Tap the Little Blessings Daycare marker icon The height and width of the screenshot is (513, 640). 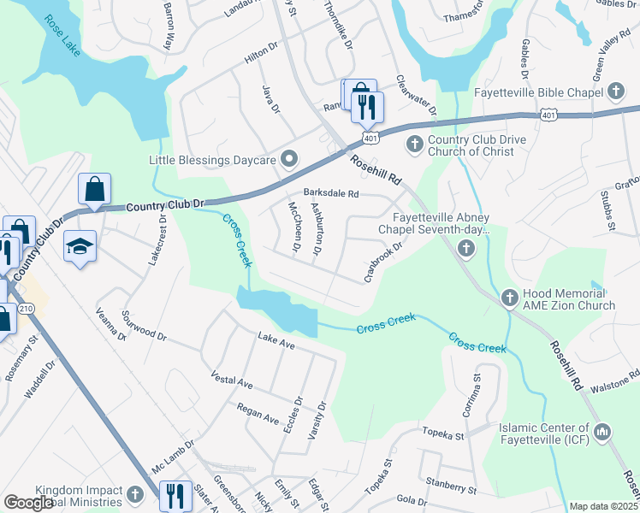coord(289,159)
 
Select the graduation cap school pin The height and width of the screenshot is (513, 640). coord(80,245)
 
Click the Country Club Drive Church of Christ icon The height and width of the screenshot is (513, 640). coord(414,143)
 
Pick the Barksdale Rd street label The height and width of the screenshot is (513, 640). coord(329,193)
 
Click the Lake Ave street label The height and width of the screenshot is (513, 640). coord(276,342)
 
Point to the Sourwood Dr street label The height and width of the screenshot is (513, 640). coord(145,326)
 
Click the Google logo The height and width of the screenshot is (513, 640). coord(28,502)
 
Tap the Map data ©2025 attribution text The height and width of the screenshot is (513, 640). coord(603,506)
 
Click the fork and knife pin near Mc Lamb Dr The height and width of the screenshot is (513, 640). coord(175,495)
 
